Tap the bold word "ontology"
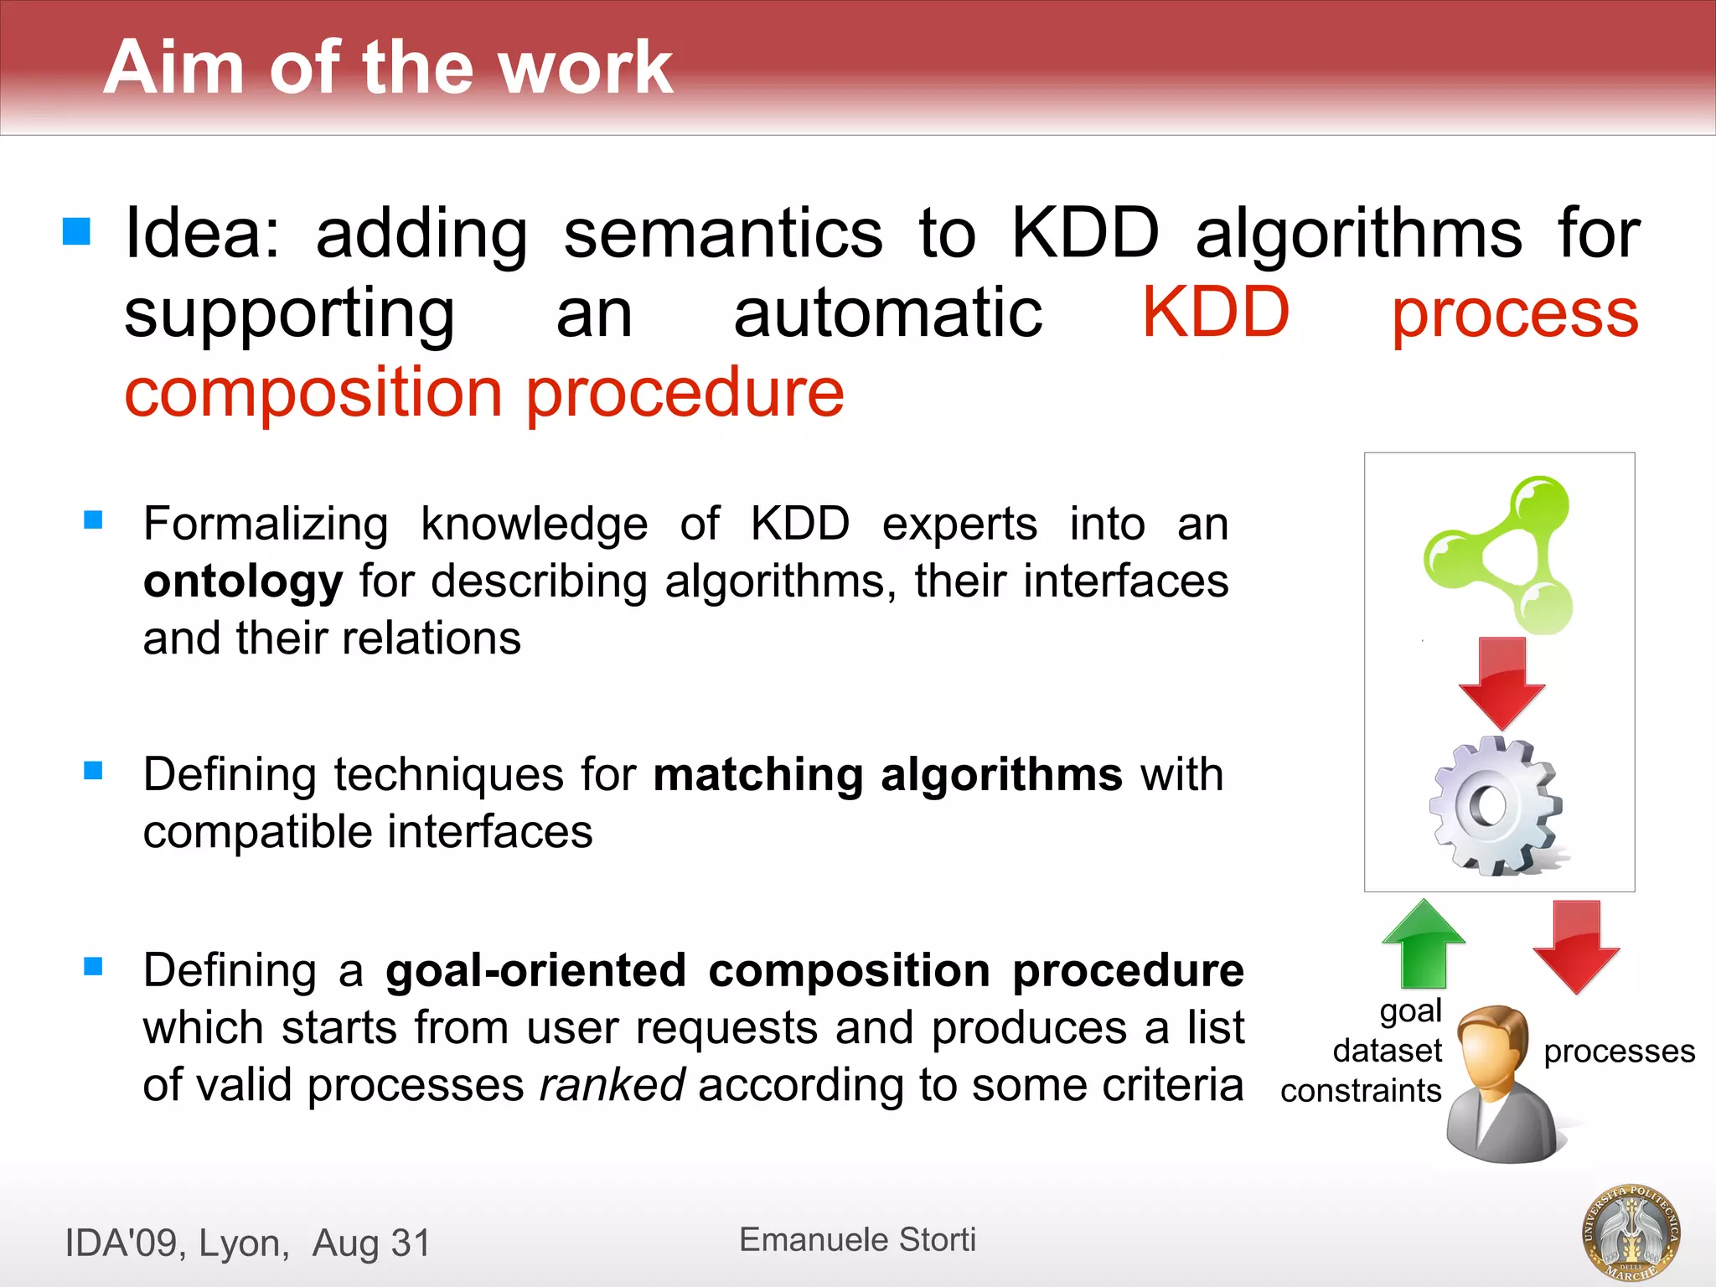pyautogui.click(x=243, y=581)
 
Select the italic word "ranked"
pyautogui.click(x=612, y=1085)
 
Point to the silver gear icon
pyautogui.click(x=1496, y=806)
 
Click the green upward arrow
pyautogui.click(x=1424, y=943)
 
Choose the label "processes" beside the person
pyautogui.click(x=1619, y=1051)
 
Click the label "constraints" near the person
pyautogui.click(x=1361, y=1091)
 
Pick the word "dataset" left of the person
pyautogui.click(x=1388, y=1051)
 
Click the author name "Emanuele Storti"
pyautogui.click(x=857, y=1239)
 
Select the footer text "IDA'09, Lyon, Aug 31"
pyautogui.click(x=248, y=1243)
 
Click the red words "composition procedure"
pyautogui.click(x=484, y=392)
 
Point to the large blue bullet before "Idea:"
pyautogui.click(x=76, y=231)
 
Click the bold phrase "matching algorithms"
pyautogui.click(x=887, y=774)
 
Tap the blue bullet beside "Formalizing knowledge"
pyautogui.click(x=93, y=520)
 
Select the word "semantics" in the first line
pyautogui.click(x=722, y=233)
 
